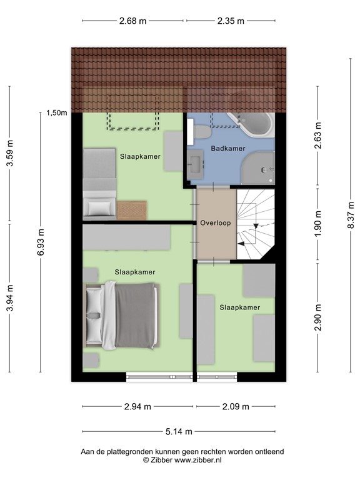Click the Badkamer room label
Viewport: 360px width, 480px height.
click(227, 149)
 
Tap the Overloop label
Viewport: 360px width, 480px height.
click(215, 222)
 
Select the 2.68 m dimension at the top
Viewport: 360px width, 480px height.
click(132, 21)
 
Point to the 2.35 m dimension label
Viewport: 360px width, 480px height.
click(231, 21)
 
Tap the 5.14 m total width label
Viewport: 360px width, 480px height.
click(178, 431)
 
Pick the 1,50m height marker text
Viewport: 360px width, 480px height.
click(56, 113)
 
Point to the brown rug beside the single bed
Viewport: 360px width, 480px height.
click(132, 210)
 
